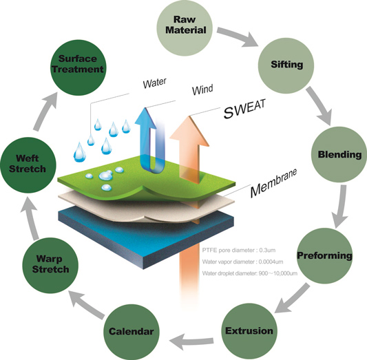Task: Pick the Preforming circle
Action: [324, 257]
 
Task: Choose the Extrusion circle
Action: [249, 331]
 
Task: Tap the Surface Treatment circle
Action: [81, 63]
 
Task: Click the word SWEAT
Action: [247, 109]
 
